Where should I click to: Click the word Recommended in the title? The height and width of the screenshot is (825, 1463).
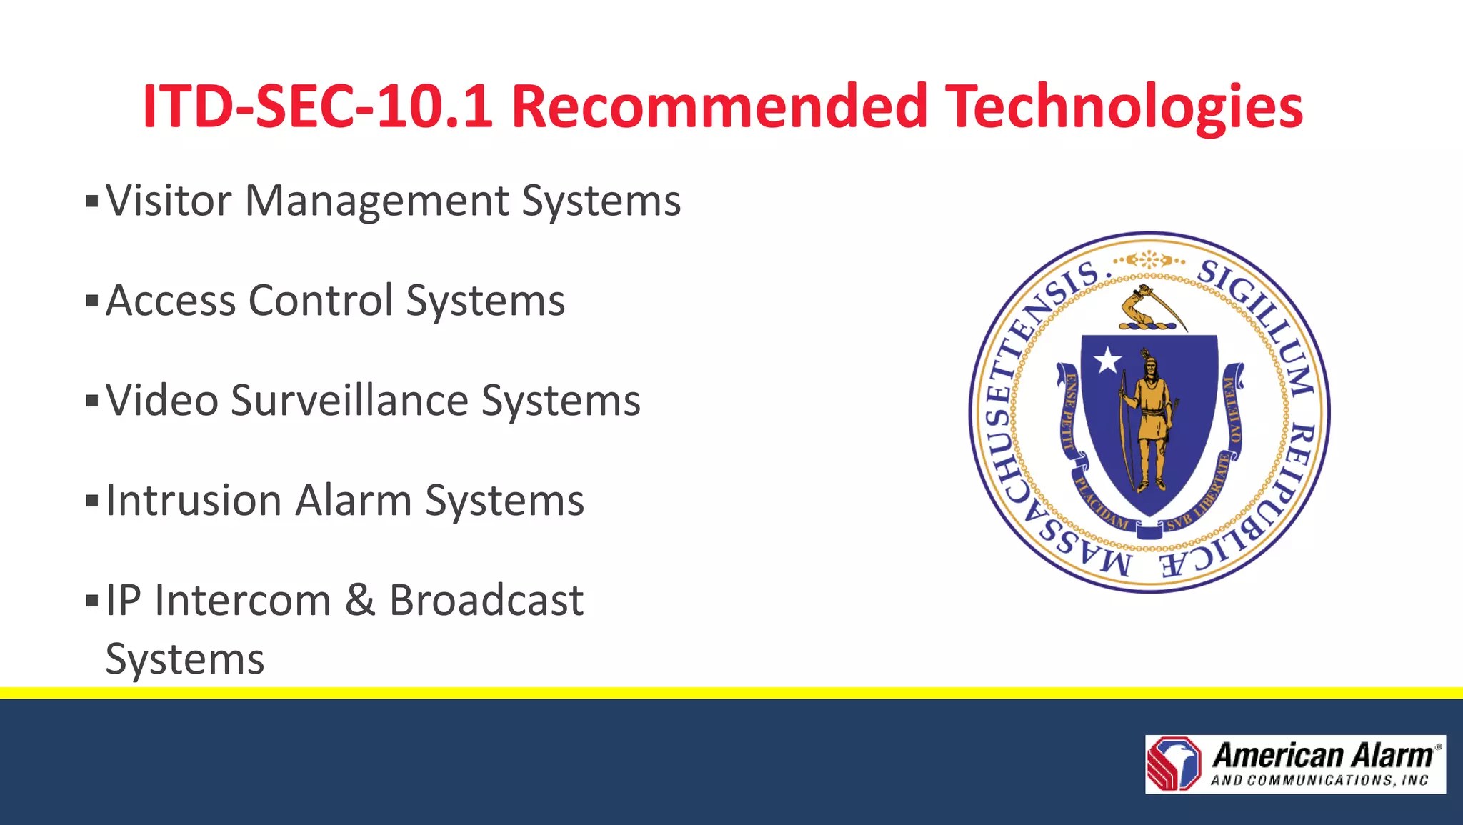click(x=719, y=107)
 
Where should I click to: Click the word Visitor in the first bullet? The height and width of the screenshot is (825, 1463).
click(x=169, y=201)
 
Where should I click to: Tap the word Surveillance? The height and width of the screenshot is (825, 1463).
click(x=349, y=400)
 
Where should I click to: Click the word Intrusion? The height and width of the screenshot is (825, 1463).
click(x=194, y=500)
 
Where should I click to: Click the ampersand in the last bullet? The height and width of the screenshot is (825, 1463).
click(x=360, y=600)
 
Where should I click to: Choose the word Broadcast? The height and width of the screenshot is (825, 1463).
click(x=486, y=600)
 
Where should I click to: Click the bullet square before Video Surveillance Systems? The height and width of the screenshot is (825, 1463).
click(x=91, y=400)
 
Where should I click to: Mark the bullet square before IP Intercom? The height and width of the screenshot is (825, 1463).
click(x=91, y=600)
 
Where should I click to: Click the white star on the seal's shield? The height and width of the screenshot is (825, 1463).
click(x=1108, y=360)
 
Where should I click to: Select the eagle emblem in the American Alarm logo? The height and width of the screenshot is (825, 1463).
click(x=1174, y=764)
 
